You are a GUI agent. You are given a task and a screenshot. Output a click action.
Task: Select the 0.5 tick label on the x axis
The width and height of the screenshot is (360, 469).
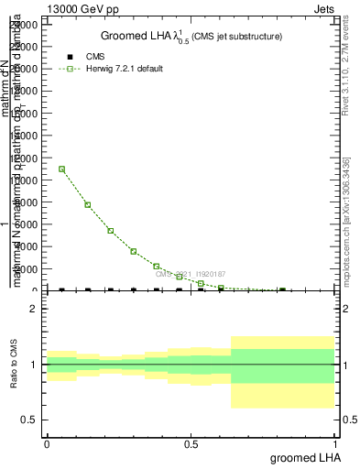pos(191,443)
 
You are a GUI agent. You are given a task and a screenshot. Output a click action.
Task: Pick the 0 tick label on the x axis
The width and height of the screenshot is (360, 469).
pos(47,443)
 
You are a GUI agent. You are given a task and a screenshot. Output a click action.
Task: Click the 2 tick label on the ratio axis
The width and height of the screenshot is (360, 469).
pos(33,310)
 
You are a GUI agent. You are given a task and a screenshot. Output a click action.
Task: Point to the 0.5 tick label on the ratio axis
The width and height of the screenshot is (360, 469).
pos(29,420)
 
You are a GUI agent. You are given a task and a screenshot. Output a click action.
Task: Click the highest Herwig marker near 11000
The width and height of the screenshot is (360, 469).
pos(61,169)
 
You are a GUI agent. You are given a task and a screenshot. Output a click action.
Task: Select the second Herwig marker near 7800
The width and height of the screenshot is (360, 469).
pos(87,204)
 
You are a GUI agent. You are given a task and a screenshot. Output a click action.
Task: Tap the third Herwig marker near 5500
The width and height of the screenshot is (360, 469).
pos(110,230)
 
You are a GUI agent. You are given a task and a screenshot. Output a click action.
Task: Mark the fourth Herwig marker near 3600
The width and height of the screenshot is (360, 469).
pos(133,251)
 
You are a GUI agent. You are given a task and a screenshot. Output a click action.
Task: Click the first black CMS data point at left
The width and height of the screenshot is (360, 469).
pos(61,290)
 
